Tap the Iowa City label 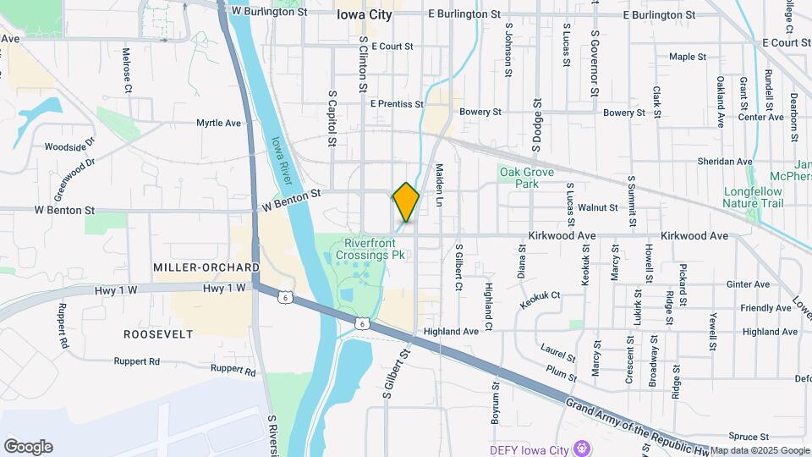365,14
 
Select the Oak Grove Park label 526,178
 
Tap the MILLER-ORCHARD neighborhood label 206,267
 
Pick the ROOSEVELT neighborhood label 158,334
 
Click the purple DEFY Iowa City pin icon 581,446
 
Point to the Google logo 28,447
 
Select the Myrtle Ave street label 219,124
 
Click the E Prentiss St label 397,104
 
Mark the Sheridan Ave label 725,162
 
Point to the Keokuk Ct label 541,295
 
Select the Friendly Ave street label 765,308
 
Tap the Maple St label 688,57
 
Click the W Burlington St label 269,13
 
